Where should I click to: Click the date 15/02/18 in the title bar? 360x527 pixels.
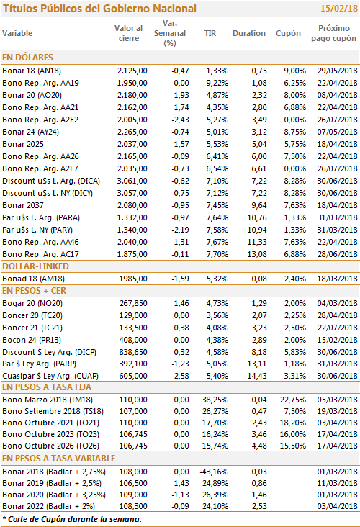(339, 8)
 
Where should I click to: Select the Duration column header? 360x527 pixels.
(248, 33)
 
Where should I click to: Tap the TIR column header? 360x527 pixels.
(210, 33)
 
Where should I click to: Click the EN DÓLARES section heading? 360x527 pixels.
(27, 57)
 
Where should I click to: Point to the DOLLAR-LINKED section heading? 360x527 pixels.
(35, 266)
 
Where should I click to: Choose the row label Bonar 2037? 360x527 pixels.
(23, 205)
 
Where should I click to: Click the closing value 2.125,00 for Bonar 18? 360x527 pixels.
(132, 71)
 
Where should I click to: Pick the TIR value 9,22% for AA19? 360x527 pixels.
(217, 83)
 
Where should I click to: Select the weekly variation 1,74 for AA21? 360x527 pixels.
(181, 107)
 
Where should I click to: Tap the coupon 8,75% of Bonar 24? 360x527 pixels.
(294, 132)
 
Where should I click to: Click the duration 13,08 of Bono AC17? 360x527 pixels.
(257, 254)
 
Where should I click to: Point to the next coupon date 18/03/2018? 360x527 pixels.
(337, 279)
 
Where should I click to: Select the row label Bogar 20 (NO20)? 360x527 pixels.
(32, 304)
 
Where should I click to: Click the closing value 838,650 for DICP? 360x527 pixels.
(133, 352)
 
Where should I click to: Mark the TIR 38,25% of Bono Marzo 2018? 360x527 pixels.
(215, 400)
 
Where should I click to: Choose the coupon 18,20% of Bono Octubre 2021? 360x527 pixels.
(293, 423)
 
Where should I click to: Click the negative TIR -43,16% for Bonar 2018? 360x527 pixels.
(214, 472)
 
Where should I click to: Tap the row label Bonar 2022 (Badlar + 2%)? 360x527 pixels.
(48, 507)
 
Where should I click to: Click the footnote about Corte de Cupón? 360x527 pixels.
(72, 519)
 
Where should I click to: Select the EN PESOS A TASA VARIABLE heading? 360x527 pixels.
(58, 459)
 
